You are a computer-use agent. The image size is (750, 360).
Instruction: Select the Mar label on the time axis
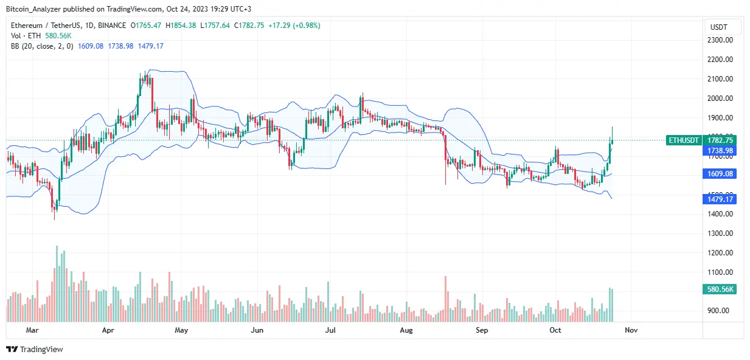coord(33,330)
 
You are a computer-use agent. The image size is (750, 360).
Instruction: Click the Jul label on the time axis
coord(330,330)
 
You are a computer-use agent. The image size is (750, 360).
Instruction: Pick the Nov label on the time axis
coord(631,330)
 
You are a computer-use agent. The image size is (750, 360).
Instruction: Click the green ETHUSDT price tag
coord(683,140)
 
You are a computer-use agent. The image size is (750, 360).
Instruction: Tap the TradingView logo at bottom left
coord(35,349)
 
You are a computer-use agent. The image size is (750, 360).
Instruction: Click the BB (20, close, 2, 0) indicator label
coord(41,46)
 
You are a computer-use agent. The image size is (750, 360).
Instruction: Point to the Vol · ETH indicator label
coord(27,36)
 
